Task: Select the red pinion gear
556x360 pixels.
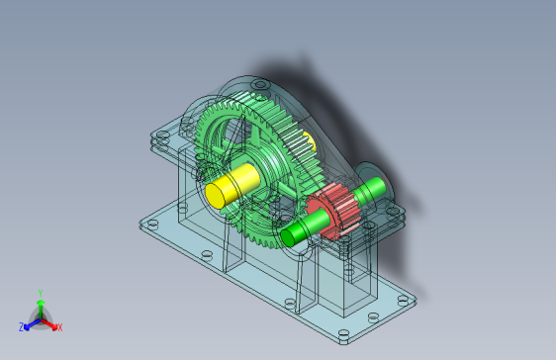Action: coord(333,212)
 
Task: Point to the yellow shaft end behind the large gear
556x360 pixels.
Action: coord(310,141)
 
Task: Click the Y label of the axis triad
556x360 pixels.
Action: coord(41,293)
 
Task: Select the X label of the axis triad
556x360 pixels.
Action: coord(60,327)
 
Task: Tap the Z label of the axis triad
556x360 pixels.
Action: coord(22,327)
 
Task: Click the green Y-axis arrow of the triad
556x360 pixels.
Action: coord(41,309)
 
